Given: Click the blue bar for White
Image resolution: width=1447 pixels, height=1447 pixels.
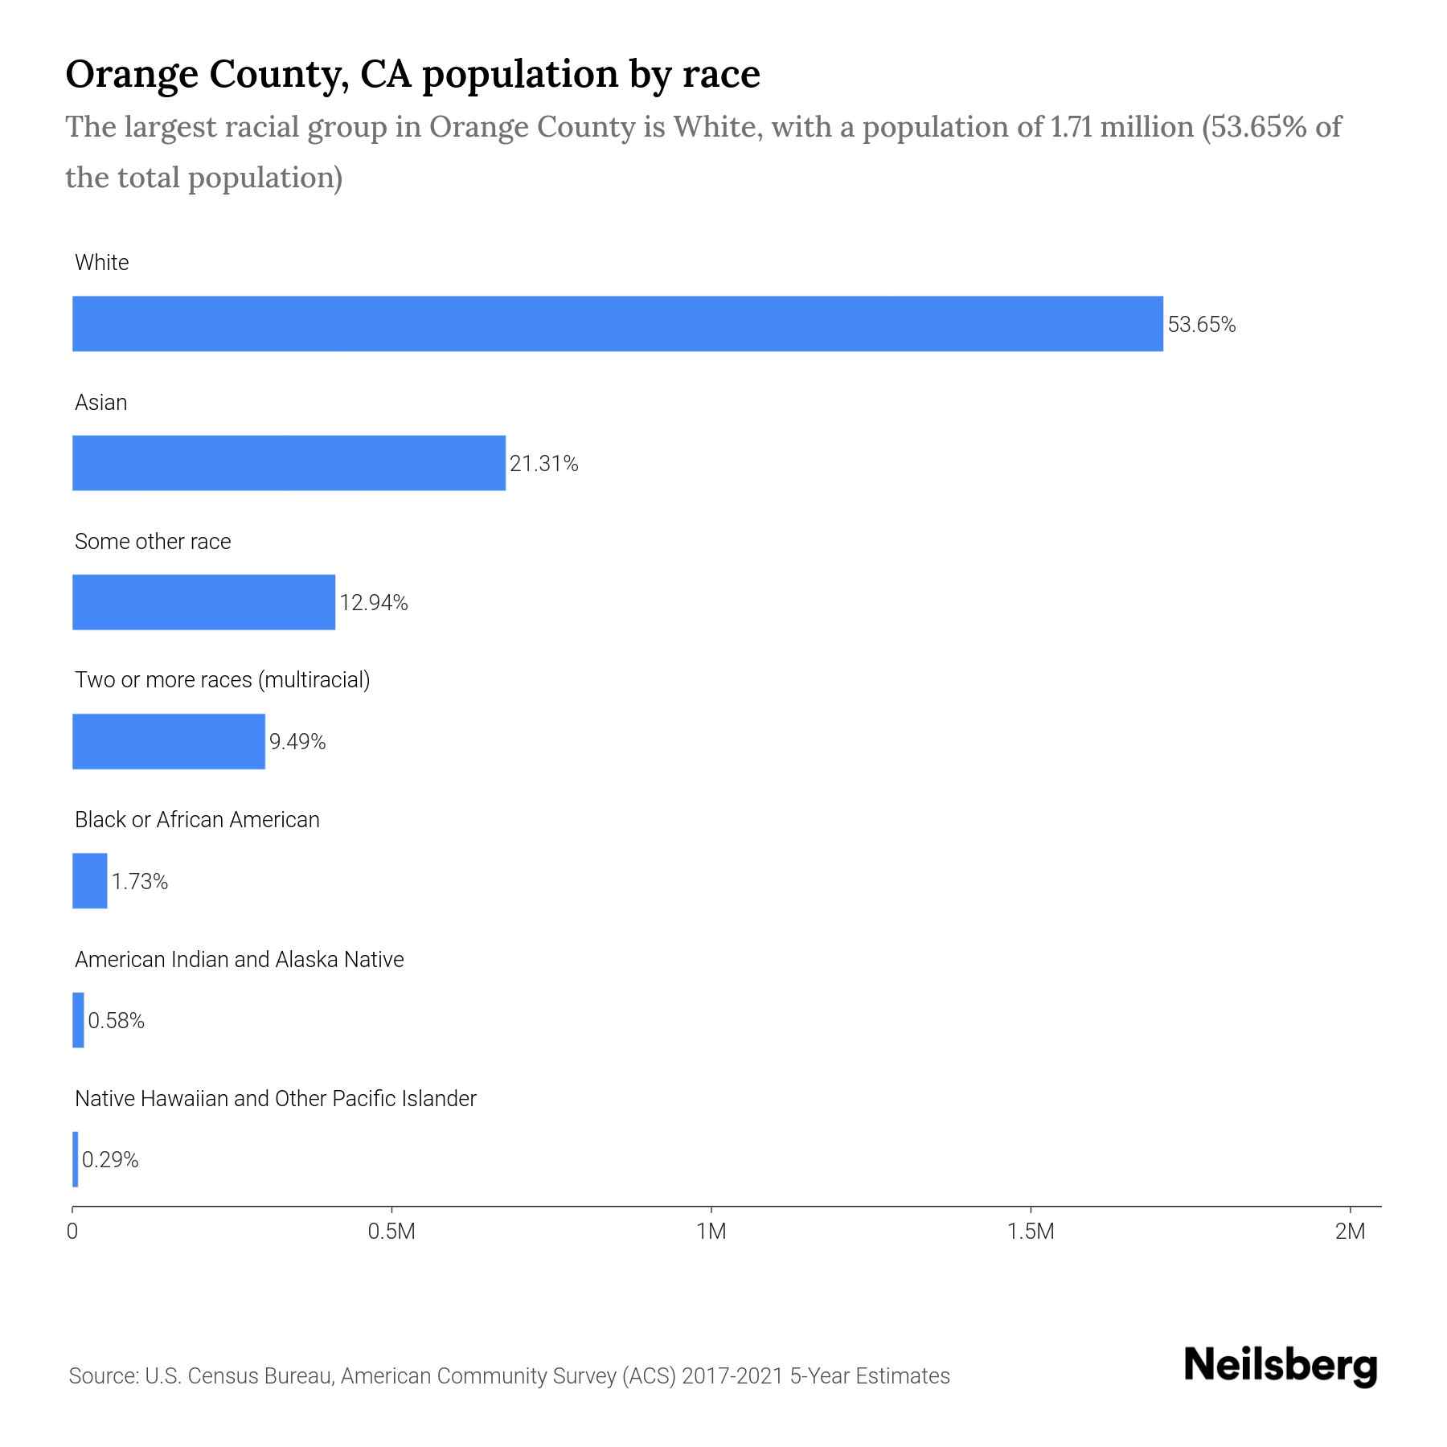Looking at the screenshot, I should [617, 324].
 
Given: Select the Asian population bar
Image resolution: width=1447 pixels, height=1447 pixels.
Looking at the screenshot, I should [289, 463].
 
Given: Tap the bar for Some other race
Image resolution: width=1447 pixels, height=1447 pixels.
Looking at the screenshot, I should [203, 602].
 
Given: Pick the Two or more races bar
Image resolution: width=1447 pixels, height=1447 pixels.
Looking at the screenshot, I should [169, 741].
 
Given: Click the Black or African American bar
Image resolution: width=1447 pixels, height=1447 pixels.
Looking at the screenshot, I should [89, 881].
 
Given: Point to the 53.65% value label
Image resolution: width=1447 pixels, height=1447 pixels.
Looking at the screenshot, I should [1201, 325].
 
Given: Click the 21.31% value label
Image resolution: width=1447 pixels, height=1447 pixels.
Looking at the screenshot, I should [543, 464].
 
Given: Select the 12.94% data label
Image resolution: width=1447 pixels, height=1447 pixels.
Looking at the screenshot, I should [373, 603].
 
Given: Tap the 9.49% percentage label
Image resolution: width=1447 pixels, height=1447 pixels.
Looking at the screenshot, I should [297, 742].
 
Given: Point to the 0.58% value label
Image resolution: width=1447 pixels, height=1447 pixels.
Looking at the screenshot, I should [116, 1021].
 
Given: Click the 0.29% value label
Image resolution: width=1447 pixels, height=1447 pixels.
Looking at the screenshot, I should [110, 1160].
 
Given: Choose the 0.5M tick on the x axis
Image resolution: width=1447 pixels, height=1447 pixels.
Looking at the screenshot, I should [391, 1232].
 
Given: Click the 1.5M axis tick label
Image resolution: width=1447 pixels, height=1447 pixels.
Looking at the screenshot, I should [1031, 1232].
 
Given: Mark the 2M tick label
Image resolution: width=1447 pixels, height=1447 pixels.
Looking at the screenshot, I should [1350, 1232].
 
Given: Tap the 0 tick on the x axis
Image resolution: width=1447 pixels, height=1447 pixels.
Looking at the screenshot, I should [72, 1232].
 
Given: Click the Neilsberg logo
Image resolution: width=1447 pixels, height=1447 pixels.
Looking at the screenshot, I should [1281, 1367].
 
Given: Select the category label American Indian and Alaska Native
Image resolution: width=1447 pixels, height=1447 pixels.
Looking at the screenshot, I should [239, 960].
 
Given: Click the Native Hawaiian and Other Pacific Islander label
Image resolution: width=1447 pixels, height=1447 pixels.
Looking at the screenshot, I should [275, 1099].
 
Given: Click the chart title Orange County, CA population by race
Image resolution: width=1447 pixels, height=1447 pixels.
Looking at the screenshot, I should [412, 74].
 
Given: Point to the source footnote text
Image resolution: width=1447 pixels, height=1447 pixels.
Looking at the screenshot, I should [509, 1376].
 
